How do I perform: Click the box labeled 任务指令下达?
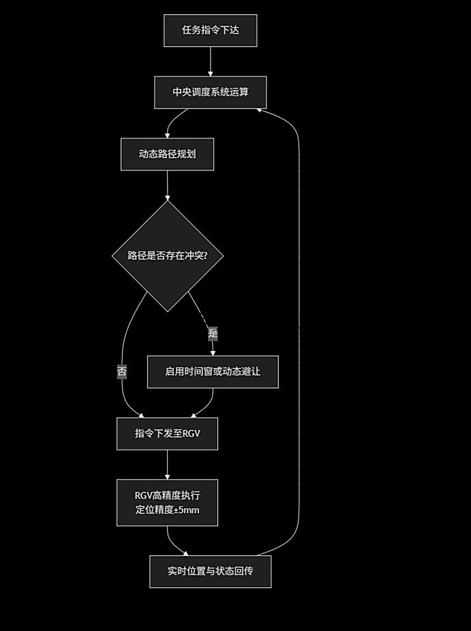(x=210, y=31)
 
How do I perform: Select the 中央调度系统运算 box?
(x=210, y=92)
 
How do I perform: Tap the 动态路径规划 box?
(x=167, y=154)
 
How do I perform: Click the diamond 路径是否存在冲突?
(x=167, y=256)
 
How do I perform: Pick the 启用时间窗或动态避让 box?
(x=213, y=371)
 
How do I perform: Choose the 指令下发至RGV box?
(x=167, y=433)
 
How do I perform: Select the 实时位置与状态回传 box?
(x=210, y=571)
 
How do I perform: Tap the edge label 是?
(x=213, y=333)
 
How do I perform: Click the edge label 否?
(x=122, y=371)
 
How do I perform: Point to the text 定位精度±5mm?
(x=167, y=510)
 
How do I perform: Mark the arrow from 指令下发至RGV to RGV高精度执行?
(x=167, y=464)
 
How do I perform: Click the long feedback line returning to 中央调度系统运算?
(x=299, y=327)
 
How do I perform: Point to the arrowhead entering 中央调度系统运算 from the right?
(x=261, y=109)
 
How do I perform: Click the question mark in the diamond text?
(x=204, y=256)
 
